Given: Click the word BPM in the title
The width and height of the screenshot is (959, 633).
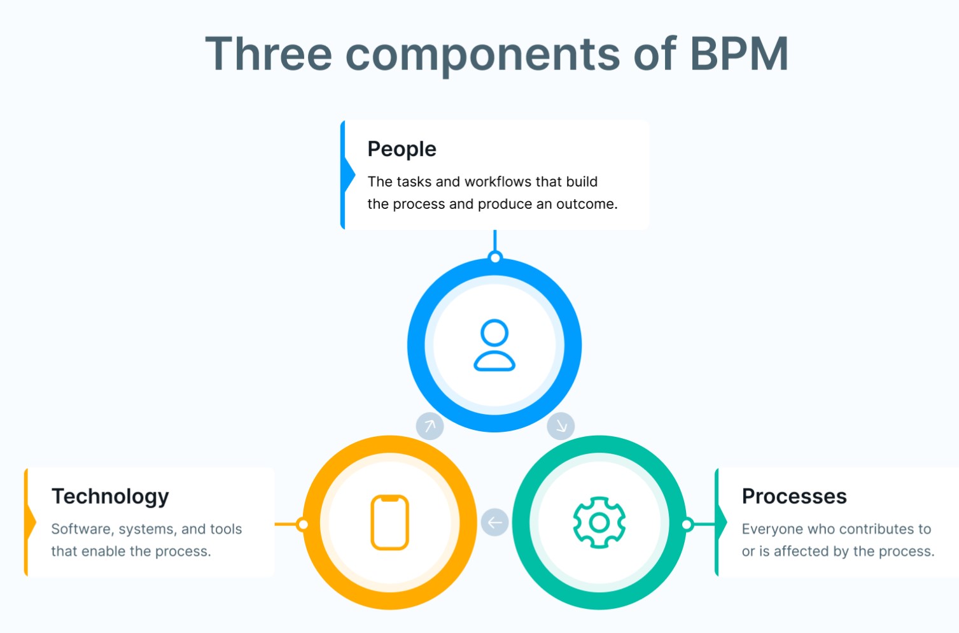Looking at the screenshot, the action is click(739, 54).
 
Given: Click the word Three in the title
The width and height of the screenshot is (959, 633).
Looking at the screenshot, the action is click(269, 54).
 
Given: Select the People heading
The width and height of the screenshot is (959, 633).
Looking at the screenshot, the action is click(402, 150).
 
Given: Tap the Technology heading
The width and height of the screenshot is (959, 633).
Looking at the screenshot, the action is click(110, 497).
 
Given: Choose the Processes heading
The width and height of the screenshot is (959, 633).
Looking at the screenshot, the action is click(794, 496).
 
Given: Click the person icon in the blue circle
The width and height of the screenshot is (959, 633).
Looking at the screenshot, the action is click(494, 345).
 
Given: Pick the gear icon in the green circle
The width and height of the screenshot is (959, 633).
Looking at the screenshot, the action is click(599, 522).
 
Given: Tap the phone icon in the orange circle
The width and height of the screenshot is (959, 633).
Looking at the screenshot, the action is click(389, 522).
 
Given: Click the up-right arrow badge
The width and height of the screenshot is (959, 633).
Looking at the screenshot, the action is click(430, 426).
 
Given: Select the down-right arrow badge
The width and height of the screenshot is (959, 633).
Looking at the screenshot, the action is click(561, 426).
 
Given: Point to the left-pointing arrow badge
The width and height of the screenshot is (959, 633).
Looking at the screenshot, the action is click(495, 522).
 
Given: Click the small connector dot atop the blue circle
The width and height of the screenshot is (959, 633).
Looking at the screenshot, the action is click(495, 257).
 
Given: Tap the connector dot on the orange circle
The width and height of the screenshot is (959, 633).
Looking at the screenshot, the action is click(303, 524).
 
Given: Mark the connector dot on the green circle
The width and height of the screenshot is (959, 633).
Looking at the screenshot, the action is click(687, 524).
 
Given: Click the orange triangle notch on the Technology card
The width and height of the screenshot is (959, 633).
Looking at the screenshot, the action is click(31, 522).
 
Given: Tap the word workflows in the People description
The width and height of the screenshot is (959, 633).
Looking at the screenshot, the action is click(498, 181).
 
